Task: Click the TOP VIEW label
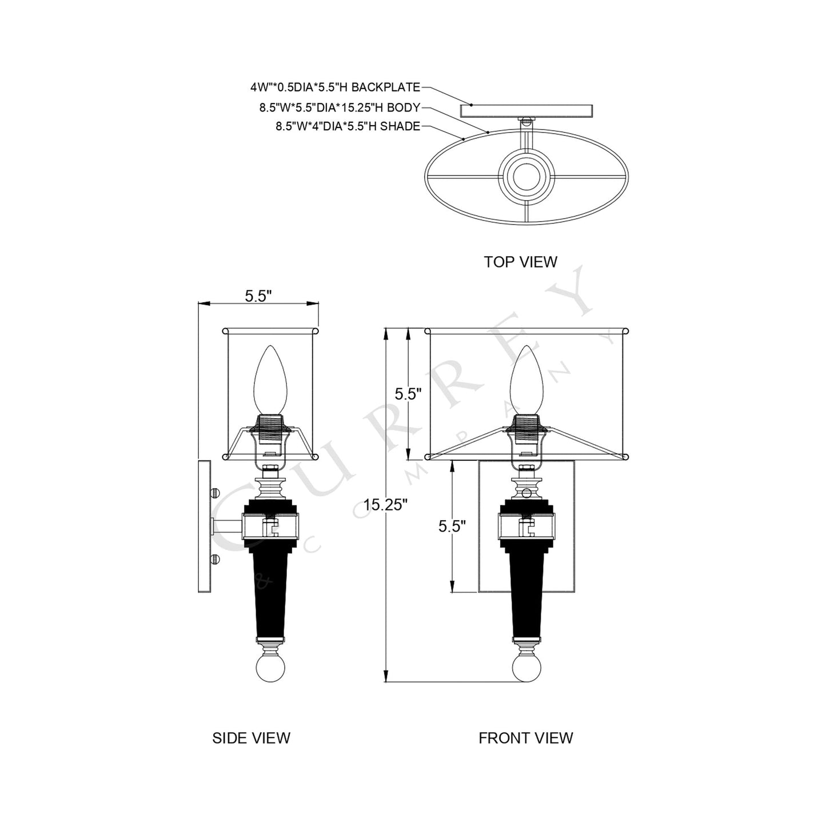click(x=520, y=262)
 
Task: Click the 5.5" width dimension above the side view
click(x=258, y=296)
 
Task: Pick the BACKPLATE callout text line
click(x=335, y=87)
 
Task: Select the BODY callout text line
click(x=340, y=107)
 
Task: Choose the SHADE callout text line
click(x=348, y=127)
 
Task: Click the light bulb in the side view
click(x=269, y=378)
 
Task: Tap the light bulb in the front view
click(x=526, y=378)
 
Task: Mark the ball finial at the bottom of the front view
click(x=526, y=668)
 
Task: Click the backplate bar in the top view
click(x=526, y=110)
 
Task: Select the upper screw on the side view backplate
click(x=215, y=492)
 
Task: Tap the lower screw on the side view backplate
click(x=215, y=559)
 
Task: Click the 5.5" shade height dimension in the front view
click(x=408, y=394)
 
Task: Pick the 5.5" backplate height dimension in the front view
click(x=452, y=526)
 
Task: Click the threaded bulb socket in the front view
click(x=526, y=427)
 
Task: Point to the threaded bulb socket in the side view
click(x=269, y=427)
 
